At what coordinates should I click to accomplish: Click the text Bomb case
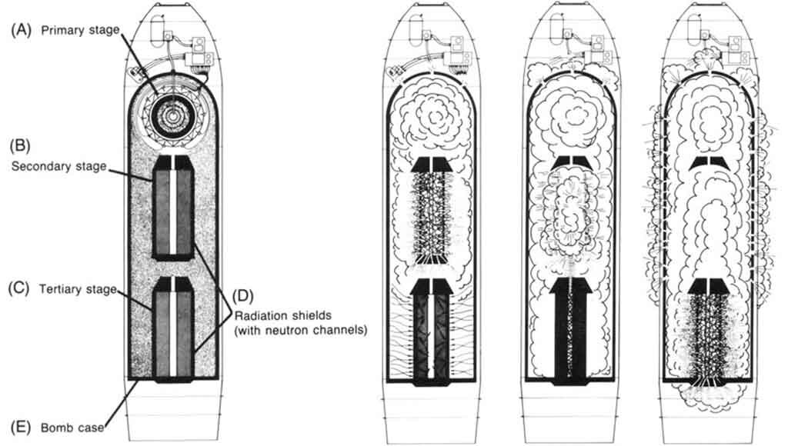(73, 424)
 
